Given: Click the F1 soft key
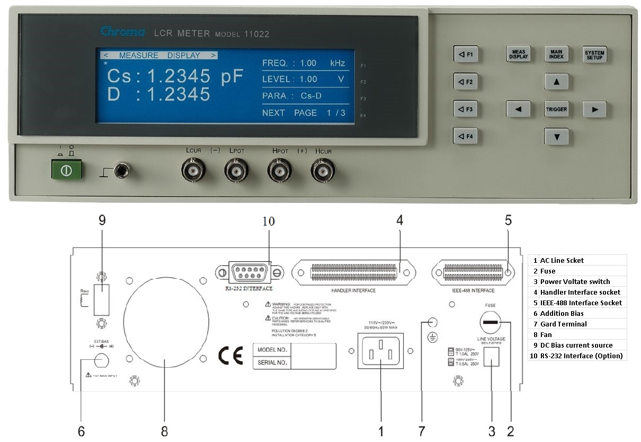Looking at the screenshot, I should [466, 55].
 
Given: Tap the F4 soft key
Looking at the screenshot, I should [466, 136].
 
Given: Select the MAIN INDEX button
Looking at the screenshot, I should [556, 55].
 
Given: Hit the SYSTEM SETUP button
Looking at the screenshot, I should [594, 55].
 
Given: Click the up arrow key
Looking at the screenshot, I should [556, 82].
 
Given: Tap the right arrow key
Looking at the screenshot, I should [594, 110].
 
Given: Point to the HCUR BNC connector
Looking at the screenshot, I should [322, 171].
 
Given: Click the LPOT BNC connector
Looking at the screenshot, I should [236, 171].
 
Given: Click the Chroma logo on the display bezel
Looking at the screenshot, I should [122, 32].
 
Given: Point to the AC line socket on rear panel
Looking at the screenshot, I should [380, 350].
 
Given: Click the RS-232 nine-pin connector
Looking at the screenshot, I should [249, 273].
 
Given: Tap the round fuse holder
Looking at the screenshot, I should [491, 322].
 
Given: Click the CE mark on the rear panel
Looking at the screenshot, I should [231, 356].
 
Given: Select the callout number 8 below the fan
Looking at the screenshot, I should [164, 431].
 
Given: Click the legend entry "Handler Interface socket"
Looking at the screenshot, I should [580, 292].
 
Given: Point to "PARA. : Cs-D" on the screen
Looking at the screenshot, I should [292, 96].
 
